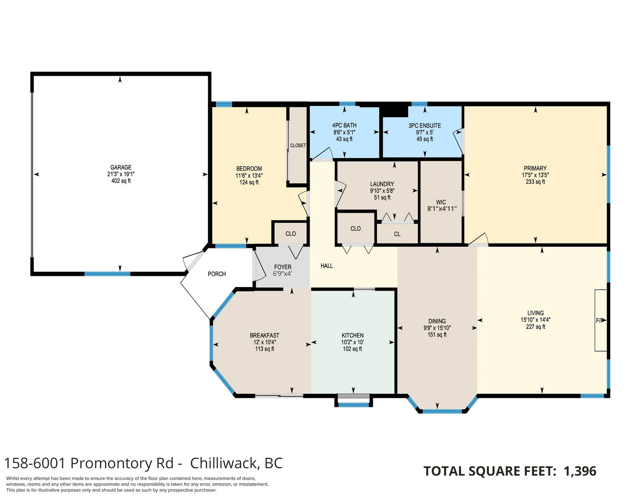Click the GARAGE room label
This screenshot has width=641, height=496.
pos(121,167)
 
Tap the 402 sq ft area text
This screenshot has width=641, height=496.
pos(121,181)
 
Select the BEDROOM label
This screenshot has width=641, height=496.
pos(249,168)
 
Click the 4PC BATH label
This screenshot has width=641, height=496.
pos(344,126)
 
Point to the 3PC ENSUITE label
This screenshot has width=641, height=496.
pos(425,126)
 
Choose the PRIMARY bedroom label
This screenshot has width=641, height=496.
pos(535,168)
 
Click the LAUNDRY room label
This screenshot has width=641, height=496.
pos(382,184)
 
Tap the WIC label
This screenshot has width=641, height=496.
pos(441,202)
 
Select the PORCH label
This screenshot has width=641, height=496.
pos(217,274)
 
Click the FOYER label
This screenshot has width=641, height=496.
pos(282,267)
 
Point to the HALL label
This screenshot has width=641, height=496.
pos(327,266)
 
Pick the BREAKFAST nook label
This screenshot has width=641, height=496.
pos(264,335)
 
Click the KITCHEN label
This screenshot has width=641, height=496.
pos(353,335)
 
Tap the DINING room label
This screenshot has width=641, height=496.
pos(437,321)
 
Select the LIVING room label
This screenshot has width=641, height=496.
pos(535,313)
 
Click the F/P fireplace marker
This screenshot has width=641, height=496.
pos(599,320)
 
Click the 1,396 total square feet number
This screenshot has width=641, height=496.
pos(580,471)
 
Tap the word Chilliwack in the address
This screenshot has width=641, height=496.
pos(225,463)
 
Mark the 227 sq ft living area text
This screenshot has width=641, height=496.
pos(536,327)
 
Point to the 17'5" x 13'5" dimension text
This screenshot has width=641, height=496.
pos(535,175)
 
